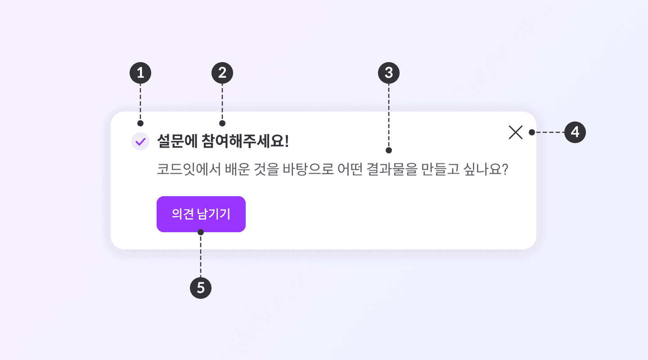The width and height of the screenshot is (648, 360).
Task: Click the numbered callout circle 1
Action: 140,73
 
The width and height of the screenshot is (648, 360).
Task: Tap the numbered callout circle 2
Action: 222,73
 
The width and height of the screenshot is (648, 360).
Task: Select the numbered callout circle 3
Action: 389,73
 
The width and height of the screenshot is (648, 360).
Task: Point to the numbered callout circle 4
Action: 575,132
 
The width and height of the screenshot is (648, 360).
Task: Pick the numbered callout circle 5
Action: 201,288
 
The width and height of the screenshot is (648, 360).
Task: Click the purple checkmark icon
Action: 140,142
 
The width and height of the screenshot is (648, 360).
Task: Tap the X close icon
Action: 515,132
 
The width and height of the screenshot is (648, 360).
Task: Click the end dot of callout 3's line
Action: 389,150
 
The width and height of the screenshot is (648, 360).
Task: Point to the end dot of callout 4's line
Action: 531,132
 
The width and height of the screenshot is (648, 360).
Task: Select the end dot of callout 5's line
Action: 201,232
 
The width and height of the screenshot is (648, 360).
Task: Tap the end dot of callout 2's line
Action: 222,123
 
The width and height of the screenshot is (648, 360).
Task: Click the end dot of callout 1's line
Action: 140,123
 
